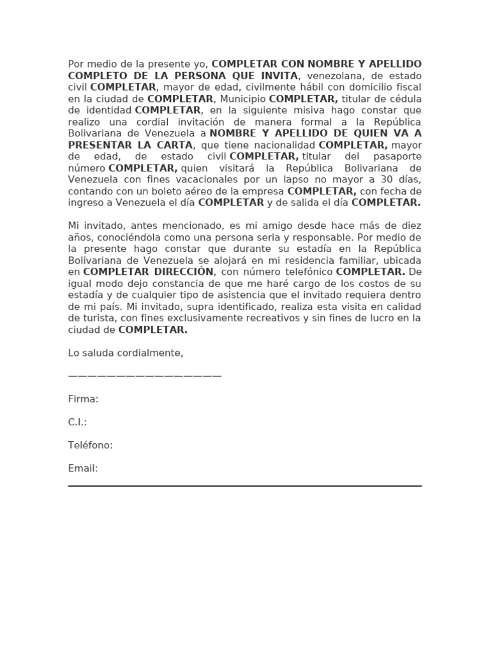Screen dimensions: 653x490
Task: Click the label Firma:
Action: [83, 399]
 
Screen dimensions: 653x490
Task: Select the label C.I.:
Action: [77, 422]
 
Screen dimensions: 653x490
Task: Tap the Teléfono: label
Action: [90, 445]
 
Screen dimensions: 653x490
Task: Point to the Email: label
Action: [83, 468]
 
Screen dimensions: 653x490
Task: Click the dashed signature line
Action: [145, 376]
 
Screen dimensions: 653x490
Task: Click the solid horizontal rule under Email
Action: [245, 486]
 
